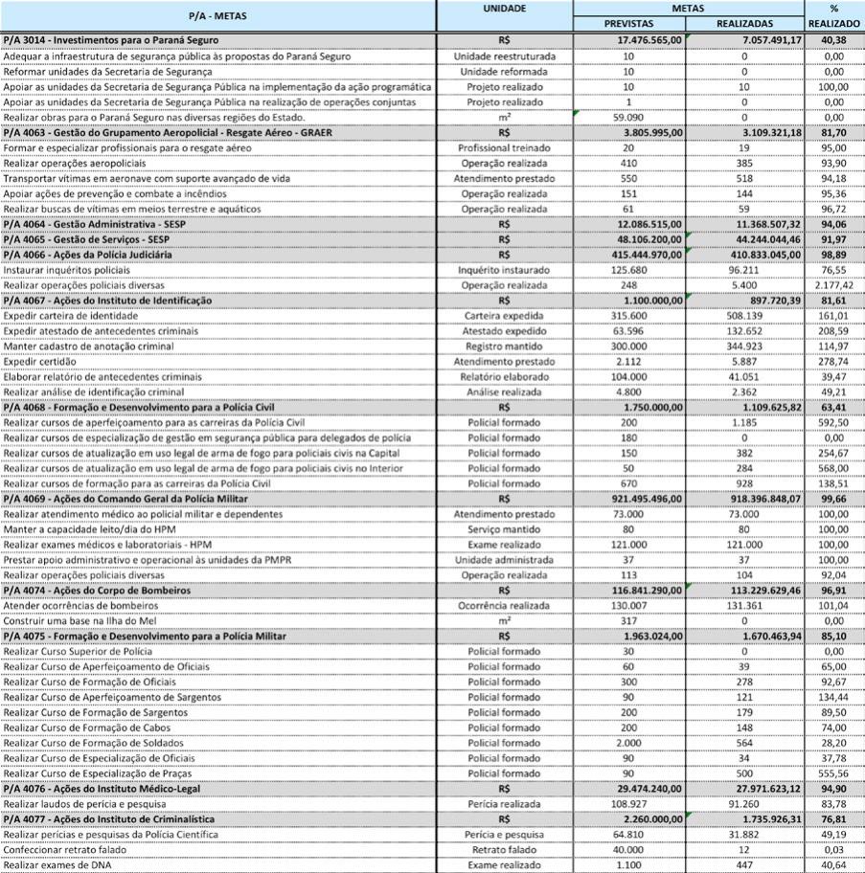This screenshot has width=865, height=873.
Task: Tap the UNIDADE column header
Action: point(504,8)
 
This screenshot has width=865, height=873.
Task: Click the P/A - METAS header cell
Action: point(217,15)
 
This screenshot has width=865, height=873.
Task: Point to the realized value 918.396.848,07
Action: point(757,500)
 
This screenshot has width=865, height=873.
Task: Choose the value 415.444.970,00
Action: point(644,255)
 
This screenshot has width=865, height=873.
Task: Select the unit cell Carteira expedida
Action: point(504,316)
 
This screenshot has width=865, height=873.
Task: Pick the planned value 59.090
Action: point(628,117)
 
